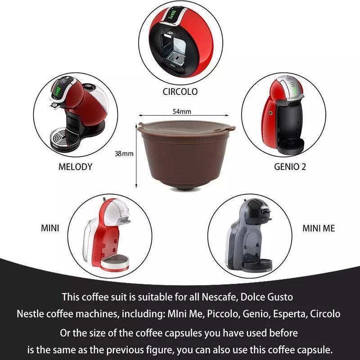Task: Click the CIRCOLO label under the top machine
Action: (180, 92)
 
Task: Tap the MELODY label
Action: (75, 166)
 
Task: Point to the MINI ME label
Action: (319, 228)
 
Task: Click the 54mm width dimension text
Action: (182, 111)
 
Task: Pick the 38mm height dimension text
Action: (124, 153)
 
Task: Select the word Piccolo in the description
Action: (223, 314)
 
